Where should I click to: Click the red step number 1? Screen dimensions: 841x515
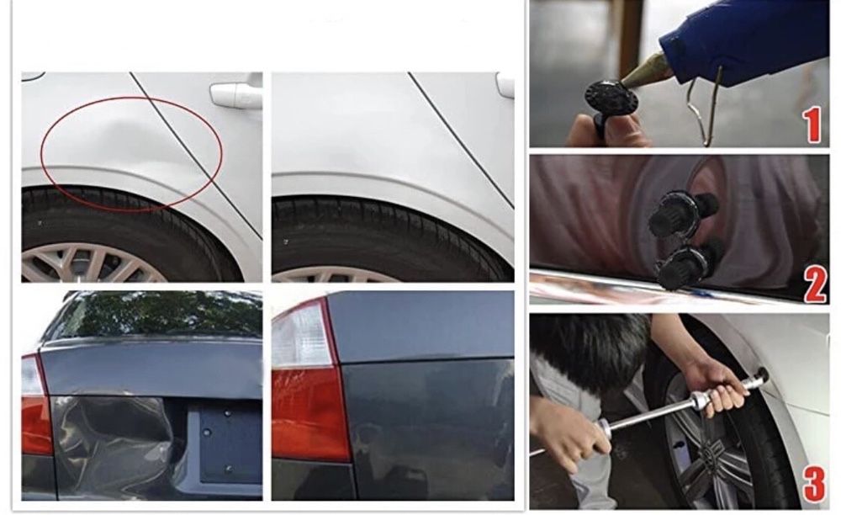[x=813, y=125]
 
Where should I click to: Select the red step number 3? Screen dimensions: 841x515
[x=814, y=483]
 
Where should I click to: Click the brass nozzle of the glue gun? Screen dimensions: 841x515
[x=643, y=72]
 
